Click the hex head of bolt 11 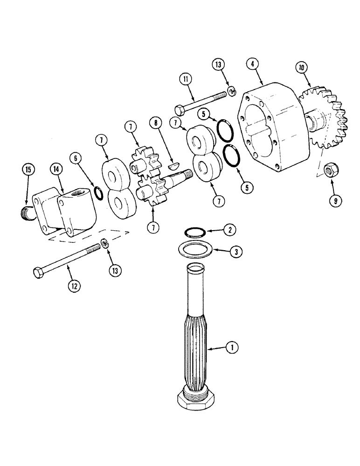(180, 110)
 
